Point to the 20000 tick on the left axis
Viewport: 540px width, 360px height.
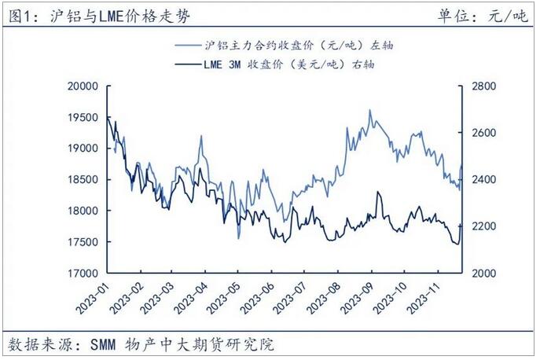coord(81,86)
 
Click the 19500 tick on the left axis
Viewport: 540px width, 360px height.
coord(81,117)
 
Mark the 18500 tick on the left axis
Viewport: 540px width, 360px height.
coord(81,180)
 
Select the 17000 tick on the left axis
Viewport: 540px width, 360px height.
coord(81,274)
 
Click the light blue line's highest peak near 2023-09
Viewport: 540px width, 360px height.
coord(370,110)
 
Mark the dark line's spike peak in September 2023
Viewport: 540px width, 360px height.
coord(379,192)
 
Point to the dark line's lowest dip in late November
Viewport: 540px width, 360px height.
coord(457,244)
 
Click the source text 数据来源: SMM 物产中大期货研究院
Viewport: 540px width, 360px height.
coord(141,344)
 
